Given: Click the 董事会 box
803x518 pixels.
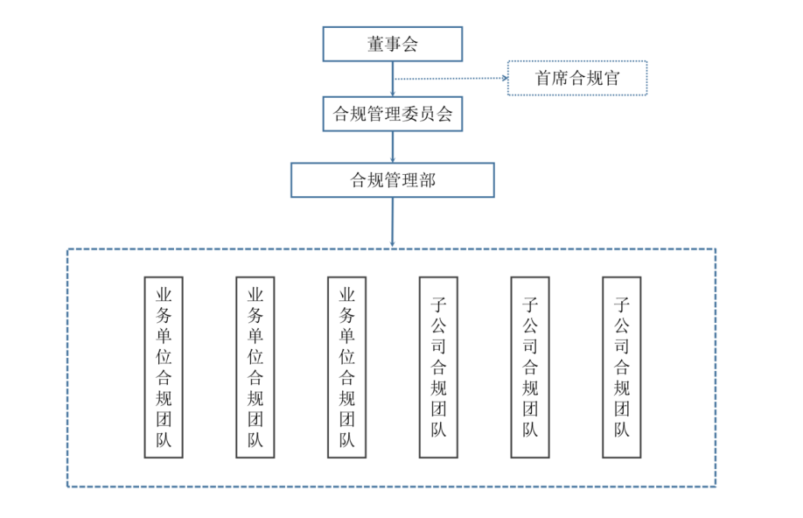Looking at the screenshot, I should (x=392, y=44).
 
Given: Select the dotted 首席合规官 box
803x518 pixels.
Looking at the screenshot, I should (x=577, y=78).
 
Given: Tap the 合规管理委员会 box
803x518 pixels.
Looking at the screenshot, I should (x=392, y=114).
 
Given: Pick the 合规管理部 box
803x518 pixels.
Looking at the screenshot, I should (x=392, y=180).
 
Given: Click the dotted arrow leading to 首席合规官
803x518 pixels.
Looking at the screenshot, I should (x=450, y=78).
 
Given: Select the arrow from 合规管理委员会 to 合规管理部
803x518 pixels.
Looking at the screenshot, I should (x=393, y=147).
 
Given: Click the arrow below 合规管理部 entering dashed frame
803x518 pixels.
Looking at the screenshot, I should (x=393, y=222).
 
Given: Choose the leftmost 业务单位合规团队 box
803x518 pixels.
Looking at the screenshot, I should (x=164, y=367).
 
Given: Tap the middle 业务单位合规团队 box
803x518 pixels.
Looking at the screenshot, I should (x=255, y=367).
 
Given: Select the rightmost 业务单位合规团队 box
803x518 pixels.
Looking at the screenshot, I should (x=346, y=367).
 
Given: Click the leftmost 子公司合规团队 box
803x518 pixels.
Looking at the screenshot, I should (x=438, y=367).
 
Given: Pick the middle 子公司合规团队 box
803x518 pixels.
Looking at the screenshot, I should (x=530, y=367).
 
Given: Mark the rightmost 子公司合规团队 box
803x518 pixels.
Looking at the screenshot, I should (x=622, y=367).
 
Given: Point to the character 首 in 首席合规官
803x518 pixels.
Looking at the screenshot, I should (x=544, y=79).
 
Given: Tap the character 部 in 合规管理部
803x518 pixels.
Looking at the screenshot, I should (x=427, y=181).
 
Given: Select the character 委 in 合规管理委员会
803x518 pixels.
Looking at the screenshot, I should (x=409, y=115).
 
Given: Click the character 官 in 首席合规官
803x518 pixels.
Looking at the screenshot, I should (x=611, y=79).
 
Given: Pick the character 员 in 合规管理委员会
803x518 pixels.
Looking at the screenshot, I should (x=427, y=115).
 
